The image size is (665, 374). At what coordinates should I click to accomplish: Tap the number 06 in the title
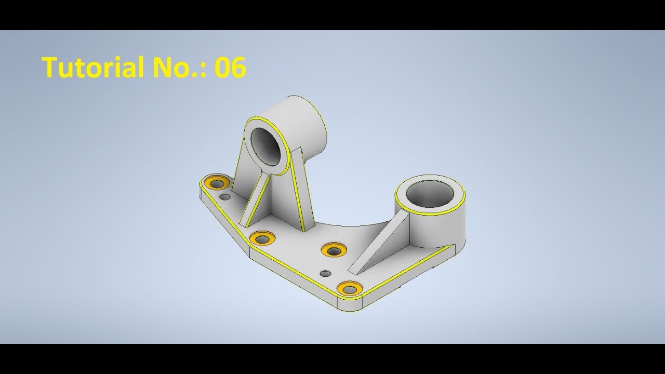230,68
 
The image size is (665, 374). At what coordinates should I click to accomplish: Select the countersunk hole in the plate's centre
334,249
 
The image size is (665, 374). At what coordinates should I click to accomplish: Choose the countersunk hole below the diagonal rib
262,238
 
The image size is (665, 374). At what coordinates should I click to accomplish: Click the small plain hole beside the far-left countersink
225,197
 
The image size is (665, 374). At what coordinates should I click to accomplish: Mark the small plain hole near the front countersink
326,273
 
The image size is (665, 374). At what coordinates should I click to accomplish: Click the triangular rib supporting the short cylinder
382,244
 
